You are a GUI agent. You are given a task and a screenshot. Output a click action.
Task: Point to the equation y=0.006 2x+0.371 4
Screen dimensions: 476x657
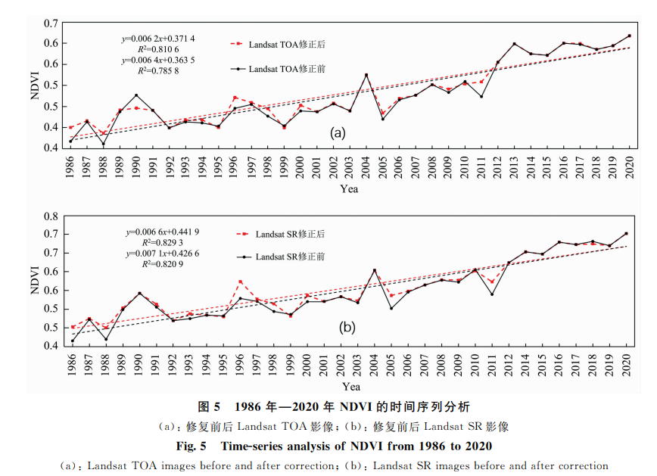159,38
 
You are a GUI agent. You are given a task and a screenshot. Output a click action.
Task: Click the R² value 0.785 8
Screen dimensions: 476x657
158,70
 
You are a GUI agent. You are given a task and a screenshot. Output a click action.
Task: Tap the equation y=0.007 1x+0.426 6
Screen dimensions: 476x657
163,253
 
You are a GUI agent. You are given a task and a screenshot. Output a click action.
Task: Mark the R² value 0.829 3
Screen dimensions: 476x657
163,241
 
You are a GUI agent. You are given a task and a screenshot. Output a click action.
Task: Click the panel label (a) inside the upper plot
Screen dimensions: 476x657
337,133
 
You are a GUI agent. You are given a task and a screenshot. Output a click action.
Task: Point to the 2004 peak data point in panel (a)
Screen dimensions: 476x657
366,75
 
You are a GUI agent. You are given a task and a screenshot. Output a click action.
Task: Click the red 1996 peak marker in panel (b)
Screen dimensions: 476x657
240,282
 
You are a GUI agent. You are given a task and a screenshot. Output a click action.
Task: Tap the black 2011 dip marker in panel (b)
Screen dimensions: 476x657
493,294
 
